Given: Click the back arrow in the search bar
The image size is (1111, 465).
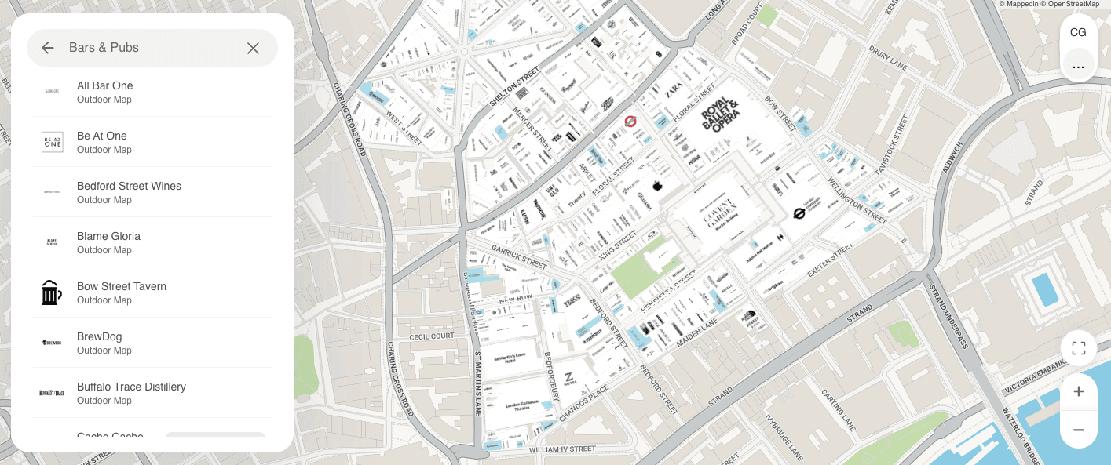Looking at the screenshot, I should (48, 48).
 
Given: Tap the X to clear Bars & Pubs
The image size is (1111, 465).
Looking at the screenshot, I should (253, 48).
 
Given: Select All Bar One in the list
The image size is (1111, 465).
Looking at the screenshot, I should (105, 92).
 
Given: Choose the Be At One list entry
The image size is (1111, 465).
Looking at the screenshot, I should (102, 142).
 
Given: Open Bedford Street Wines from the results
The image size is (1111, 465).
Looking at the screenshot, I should (129, 192).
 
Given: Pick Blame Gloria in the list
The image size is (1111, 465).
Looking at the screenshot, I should (108, 242).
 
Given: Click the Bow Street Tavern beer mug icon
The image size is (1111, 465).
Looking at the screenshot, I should (52, 292).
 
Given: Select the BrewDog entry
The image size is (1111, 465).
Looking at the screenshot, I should (99, 343).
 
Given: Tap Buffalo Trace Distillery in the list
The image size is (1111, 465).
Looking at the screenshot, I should (131, 393).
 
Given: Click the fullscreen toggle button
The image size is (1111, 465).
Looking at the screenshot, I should (1078, 348).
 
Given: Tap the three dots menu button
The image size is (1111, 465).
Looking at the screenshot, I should (1078, 67).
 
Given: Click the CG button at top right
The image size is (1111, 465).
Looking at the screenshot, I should (1078, 32).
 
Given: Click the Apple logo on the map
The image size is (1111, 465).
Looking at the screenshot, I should (658, 186).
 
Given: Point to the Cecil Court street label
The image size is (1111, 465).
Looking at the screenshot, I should (431, 336).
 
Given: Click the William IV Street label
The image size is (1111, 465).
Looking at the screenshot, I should (562, 449).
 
